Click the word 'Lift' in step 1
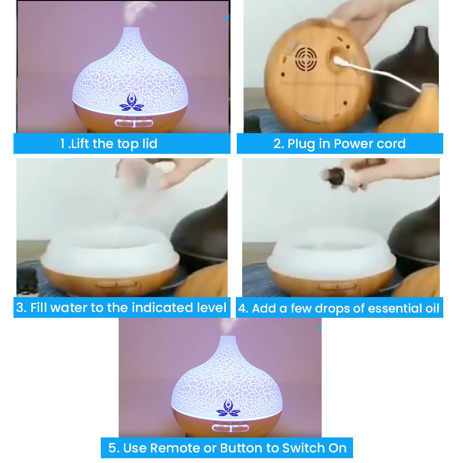(82, 144)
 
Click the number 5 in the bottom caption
(112, 448)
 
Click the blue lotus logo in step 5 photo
(228, 408)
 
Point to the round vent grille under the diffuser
(305, 59)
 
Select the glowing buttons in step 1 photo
(134, 123)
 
